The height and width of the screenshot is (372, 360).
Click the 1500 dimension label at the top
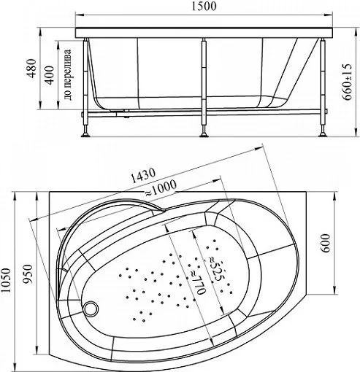click(204, 7)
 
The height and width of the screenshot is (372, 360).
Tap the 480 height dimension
click(32, 69)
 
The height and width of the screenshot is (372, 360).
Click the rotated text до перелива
click(67, 75)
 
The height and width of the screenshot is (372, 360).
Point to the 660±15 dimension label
click(347, 82)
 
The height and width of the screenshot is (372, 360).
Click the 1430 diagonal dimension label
click(142, 175)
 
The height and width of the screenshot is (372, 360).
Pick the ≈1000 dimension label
click(161, 188)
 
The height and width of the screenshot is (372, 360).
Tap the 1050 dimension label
click(6, 281)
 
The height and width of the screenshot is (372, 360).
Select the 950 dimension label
click(28, 274)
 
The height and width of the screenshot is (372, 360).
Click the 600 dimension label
click(326, 244)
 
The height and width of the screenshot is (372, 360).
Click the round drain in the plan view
click(91, 309)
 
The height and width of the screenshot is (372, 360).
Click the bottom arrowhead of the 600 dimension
click(335, 290)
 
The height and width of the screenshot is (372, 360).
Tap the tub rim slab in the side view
click(204, 33)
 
